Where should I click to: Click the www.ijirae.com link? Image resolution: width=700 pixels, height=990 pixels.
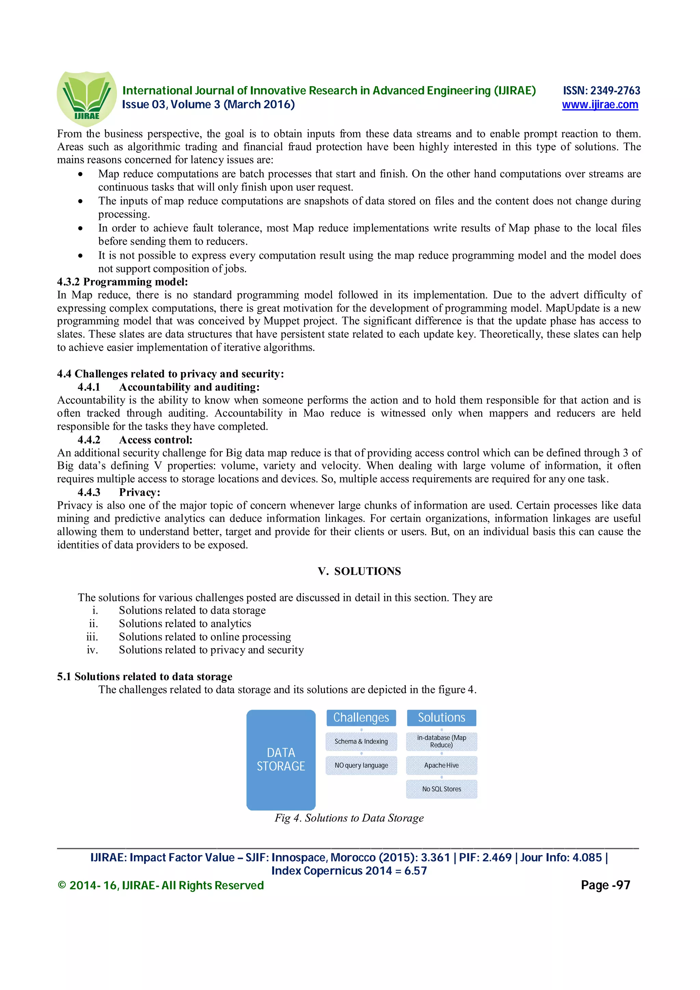click(600, 105)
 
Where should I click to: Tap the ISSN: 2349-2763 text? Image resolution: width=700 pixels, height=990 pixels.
click(601, 91)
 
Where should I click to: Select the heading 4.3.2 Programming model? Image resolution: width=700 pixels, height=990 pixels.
click(122, 281)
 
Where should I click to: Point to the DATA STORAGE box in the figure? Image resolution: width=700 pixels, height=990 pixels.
click(281, 759)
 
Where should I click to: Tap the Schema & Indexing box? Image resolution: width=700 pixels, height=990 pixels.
click(361, 742)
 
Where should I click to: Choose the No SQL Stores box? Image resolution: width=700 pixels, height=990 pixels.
click(441, 789)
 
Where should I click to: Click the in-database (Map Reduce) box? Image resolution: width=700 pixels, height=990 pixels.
click(441, 741)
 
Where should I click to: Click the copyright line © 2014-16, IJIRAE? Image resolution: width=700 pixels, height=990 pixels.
click(160, 886)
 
